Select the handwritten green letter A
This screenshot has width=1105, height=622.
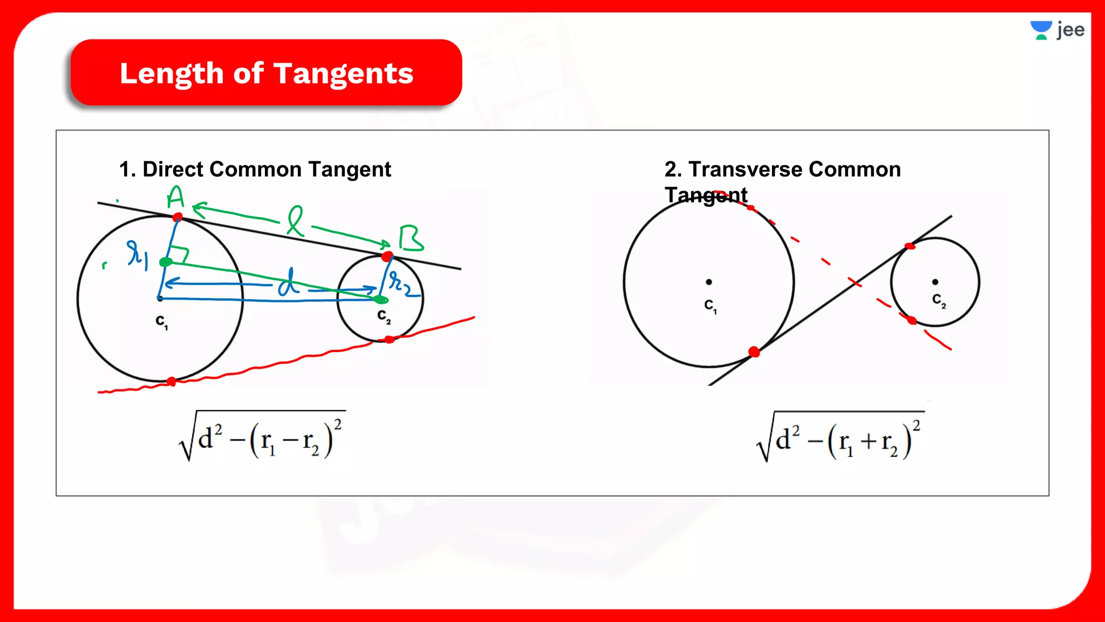coord(175,198)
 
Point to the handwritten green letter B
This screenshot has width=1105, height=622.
coord(411,239)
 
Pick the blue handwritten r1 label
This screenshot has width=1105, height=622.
coord(137,254)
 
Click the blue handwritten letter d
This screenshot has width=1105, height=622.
coord(289,282)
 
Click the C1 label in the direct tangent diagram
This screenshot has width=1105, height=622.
coord(161,322)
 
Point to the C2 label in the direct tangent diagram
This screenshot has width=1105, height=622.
coord(384,316)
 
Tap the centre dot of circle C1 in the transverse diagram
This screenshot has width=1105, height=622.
coord(709,282)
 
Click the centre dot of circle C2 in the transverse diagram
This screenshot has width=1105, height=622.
coord(935,282)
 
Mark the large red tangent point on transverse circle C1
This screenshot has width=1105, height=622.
coord(754,352)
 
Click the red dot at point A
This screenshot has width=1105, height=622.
coord(178,217)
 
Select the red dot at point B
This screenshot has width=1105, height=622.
coord(387,256)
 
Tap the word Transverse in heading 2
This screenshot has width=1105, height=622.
coord(745,170)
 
